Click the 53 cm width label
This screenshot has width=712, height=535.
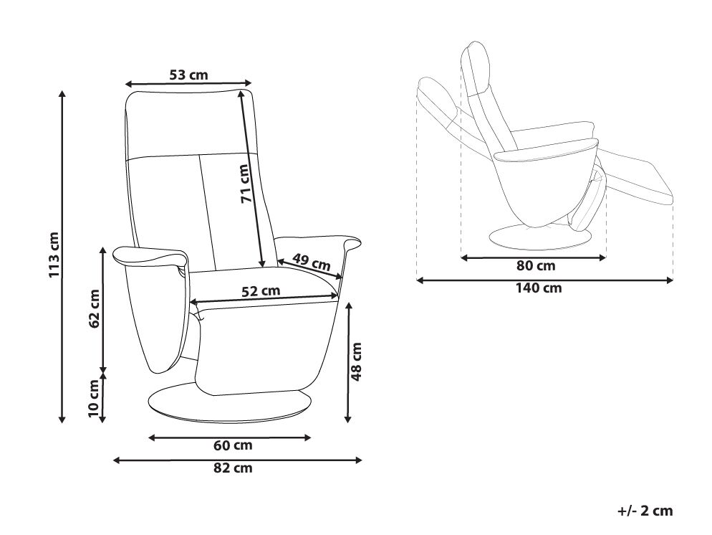coord(188,75)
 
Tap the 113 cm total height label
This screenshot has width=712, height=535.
coord(54,255)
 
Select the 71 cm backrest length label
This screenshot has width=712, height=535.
coord(244,183)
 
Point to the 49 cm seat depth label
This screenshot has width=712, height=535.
coord(311,261)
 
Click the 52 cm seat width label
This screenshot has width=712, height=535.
coord(261,291)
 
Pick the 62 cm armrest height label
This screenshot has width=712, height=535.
coord(94,308)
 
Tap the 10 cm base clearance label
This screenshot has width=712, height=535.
coord(93,398)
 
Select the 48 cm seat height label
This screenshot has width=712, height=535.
coord(357,361)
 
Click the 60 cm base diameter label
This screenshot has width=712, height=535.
coord(233,445)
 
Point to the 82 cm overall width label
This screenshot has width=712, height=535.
coord(233,468)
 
